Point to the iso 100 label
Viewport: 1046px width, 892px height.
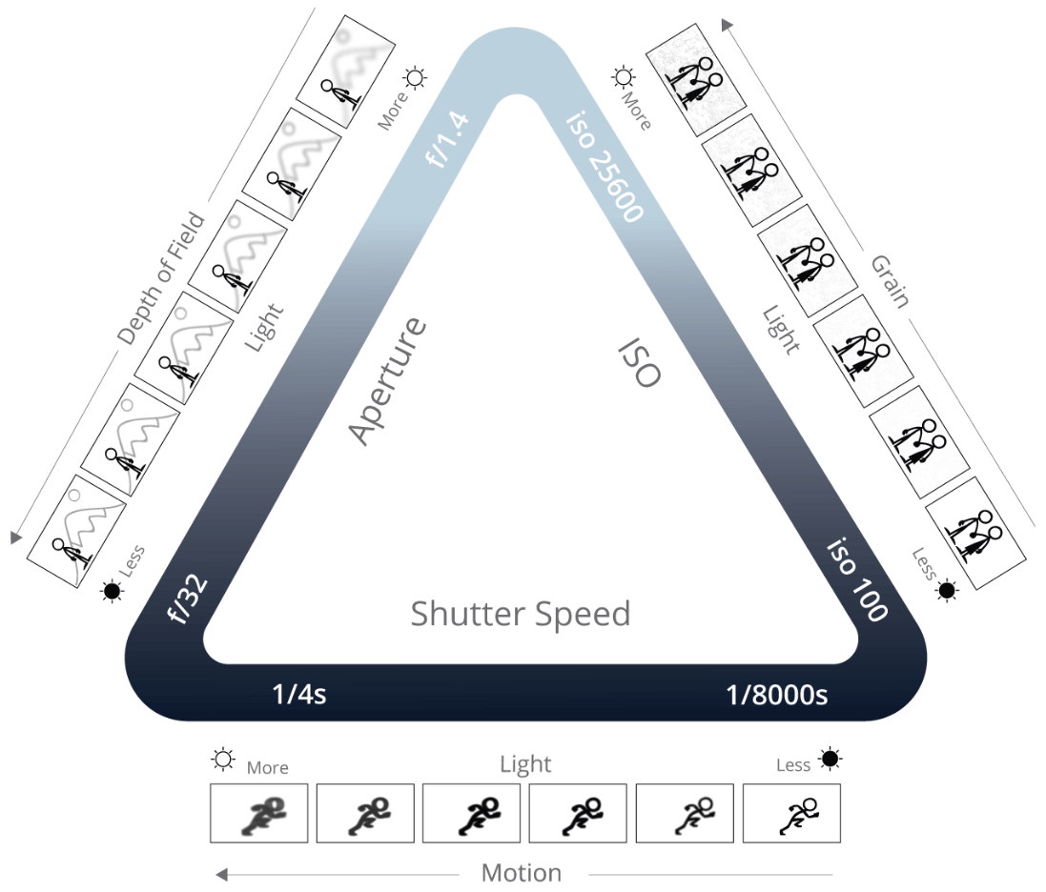pyautogui.click(x=856, y=578)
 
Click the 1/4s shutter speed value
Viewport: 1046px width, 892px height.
pyautogui.click(x=299, y=694)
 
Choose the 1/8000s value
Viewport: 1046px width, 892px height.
pyautogui.click(x=777, y=694)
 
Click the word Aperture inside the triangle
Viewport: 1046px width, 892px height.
pyautogui.click(x=386, y=381)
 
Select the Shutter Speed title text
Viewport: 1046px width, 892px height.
pyautogui.click(x=521, y=614)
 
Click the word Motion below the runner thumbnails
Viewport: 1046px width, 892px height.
pyautogui.click(x=521, y=873)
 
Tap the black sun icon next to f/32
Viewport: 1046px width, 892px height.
pyautogui.click(x=113, y=592)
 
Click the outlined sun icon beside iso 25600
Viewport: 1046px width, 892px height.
pyautogui.click(x=623, y=77)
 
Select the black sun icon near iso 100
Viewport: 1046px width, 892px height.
pyautogui.click(x=947, y=591)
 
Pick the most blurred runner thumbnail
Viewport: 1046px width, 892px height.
pyautogui.click(x=258, y=813)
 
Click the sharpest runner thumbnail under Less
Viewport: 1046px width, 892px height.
pyautogui.click(x=791, y=813)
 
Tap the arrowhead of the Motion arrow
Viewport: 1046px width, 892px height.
pyautogui.click(x=220, y=873)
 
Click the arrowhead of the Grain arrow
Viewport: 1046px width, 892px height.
pyautogui.click(x=727, y=25)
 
